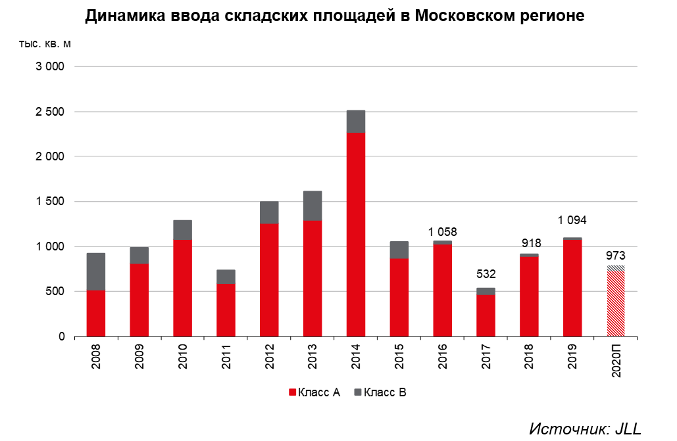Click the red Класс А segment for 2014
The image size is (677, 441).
coord(356,234)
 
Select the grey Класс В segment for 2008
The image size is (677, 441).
coord(96,271)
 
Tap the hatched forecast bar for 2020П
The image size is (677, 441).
coord(616,303)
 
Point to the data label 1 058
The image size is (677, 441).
coord(442,232)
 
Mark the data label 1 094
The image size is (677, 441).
coord(572,220)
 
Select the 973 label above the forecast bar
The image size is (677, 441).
coord(616,255)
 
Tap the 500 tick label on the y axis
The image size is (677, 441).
coord(55,292)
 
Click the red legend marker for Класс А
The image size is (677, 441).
coord(293,393)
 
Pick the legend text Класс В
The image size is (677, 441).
coord(385,393)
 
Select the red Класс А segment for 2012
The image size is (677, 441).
coord(269,280)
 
